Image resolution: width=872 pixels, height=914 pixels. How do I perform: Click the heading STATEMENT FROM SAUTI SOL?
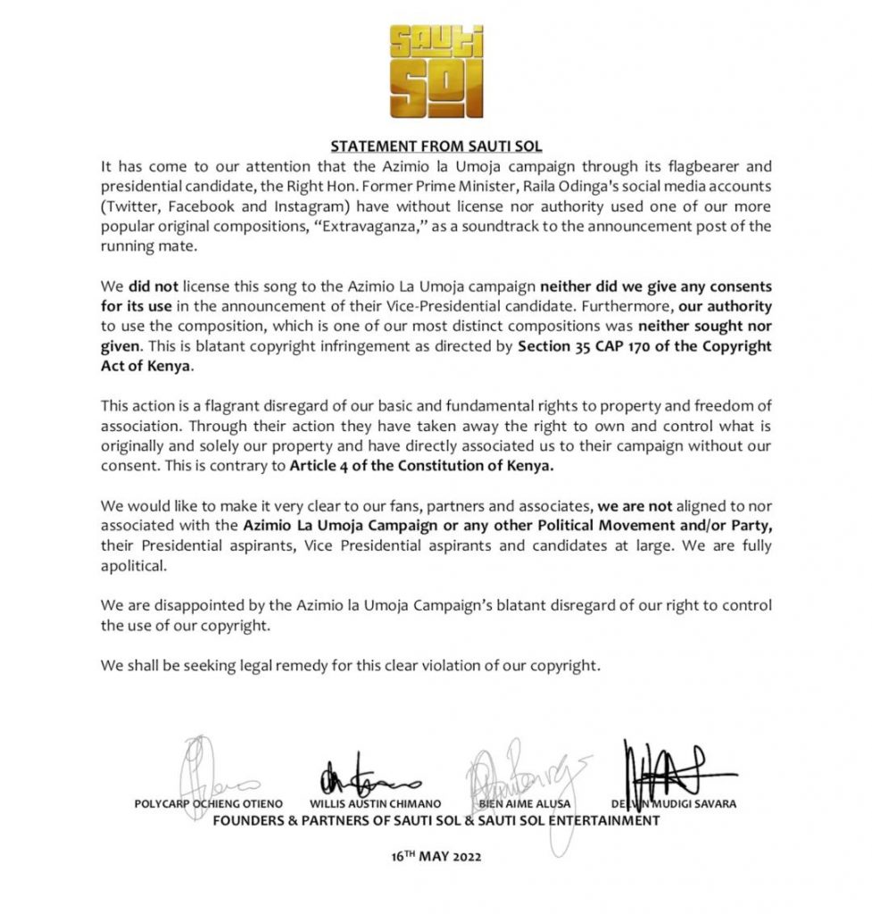436,146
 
